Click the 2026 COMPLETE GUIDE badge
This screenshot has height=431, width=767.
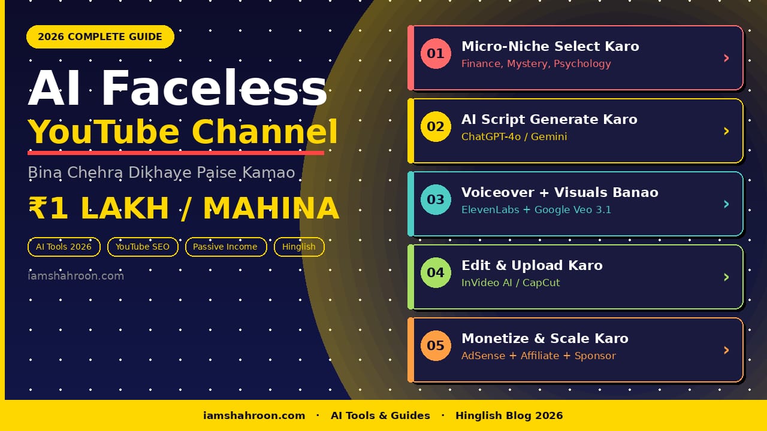coord(100,37)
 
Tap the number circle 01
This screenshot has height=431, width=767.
coord(436,53)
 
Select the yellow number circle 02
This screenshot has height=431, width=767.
coord(436,126)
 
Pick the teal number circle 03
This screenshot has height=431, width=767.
coord(436,199)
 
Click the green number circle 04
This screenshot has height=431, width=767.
coord(436,272)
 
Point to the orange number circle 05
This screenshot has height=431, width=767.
coord(436,345)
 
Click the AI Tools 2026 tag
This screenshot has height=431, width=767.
coord(64,247)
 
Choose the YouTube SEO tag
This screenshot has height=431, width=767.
coord(143,247)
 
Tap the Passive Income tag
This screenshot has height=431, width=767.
coord(225,247)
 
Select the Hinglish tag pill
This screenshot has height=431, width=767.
coord(299,247)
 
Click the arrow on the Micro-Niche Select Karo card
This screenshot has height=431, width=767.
coord(726,58)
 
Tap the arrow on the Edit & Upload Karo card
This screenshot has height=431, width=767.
coord(726,277)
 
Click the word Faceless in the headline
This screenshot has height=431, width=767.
coord(214,89)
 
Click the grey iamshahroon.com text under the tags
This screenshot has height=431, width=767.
coord(76,276)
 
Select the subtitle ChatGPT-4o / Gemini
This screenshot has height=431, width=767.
coord(514,136)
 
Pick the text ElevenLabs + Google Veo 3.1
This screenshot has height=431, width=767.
coord(536,210)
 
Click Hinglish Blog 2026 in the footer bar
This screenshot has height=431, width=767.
coord(509,415)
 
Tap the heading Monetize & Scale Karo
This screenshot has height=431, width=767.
coord(545,338)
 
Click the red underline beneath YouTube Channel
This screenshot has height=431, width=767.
coord(176,153)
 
